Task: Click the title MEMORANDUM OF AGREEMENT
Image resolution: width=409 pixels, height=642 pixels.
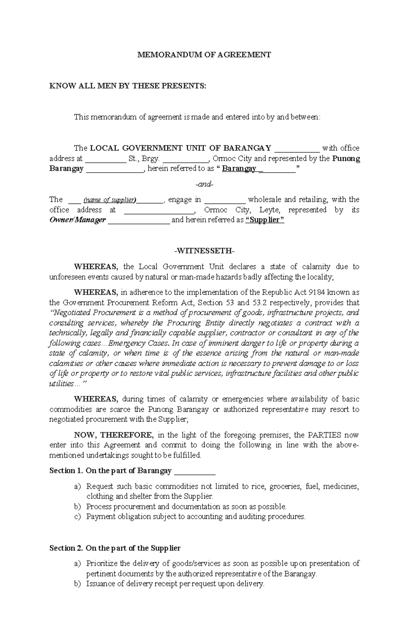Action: (204, 54)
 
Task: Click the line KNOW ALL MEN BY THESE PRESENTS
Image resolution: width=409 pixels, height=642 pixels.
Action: (128, 86)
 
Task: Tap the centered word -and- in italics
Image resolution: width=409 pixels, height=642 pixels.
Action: (204, 184)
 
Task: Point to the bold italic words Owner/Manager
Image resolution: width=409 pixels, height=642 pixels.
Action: (78, 220)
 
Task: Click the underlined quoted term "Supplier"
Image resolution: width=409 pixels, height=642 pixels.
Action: (264, 220)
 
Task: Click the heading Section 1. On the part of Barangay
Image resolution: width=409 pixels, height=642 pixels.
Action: (110, 471)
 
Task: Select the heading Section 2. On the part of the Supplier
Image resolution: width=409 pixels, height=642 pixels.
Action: (115, 548)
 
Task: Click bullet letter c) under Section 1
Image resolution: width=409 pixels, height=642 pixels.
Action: (78, 517)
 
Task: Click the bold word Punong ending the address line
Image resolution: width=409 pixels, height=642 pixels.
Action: (346, 159)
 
